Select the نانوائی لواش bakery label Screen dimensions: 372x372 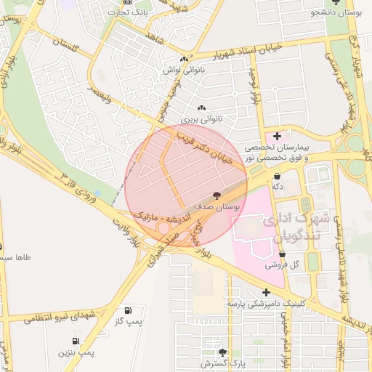coord(185,70)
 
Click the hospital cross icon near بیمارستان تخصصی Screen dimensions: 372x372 coord(277,136)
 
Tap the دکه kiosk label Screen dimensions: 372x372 coord(277,187)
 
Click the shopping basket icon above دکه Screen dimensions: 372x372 coord(277,176)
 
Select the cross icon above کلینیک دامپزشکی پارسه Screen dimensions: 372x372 coord(267,291)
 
